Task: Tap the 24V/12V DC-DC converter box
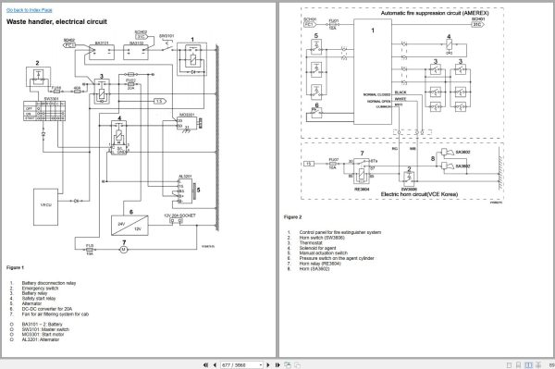[125, 224]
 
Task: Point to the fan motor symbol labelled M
[124, 247]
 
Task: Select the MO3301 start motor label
[185, 115]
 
